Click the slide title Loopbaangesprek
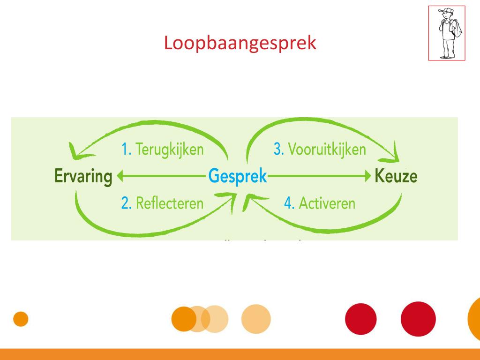240,43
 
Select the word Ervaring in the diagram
83,177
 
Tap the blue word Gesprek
238,177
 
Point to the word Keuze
396,177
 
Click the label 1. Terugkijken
162,150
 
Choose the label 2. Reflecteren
162,203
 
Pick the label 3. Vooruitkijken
320,150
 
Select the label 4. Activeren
320,203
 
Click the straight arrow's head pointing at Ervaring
120,177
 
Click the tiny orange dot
21,319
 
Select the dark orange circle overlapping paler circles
183,319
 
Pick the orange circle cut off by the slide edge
474,319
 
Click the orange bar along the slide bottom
240,354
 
